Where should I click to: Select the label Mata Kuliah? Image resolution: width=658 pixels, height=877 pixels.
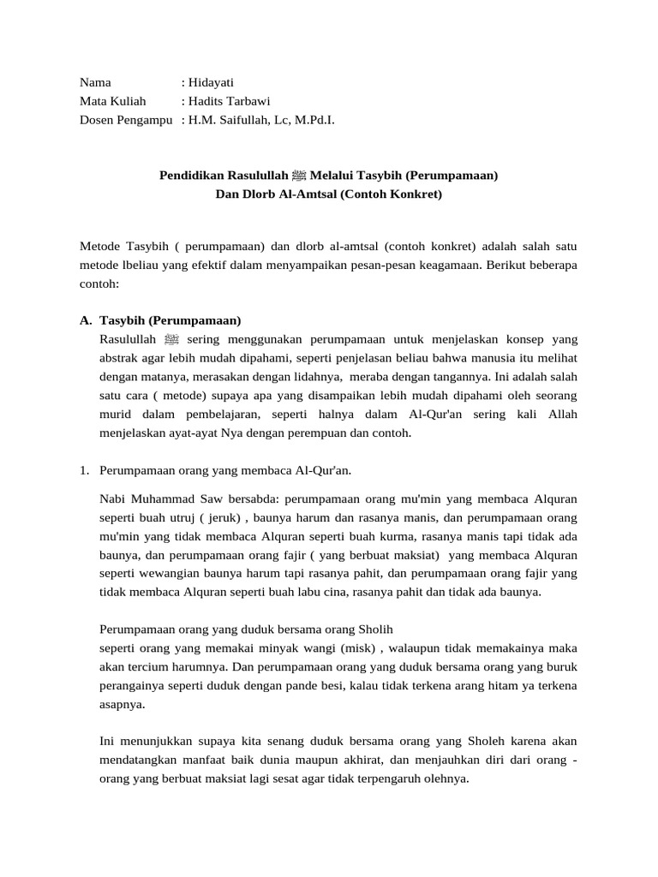tap(113, 101)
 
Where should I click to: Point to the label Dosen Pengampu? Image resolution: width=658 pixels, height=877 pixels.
tap(121, 120)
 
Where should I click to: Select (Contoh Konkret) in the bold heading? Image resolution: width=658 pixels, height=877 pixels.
tap(391, 194)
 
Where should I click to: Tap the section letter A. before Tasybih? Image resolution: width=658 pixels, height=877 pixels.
tap(86, 320)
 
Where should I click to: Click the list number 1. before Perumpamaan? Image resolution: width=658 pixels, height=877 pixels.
tap(85, 470)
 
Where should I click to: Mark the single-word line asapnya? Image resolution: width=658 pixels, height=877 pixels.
tap(122, 705)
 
